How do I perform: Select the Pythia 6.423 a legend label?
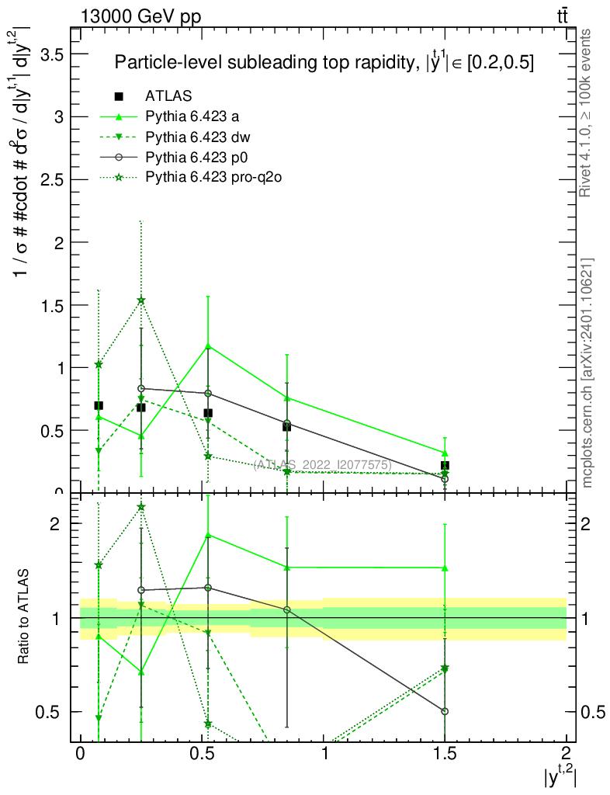[x=190, y=117]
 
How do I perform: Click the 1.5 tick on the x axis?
[x=445, y=753]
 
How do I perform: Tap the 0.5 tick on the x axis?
[x=202, y=753]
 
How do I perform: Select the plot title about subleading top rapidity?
[x=324, y=64]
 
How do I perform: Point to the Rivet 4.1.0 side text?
[x=587, y=113]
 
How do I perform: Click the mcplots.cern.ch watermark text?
[x=587, y=373]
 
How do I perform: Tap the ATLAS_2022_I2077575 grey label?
[x=322, y=465]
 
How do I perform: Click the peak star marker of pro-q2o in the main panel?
[x=141, y=300]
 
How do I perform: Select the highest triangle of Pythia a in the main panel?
[x=208, y=345]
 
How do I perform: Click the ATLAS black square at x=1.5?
[x=445, y=466]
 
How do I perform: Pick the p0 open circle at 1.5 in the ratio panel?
[x=445, y=711]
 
